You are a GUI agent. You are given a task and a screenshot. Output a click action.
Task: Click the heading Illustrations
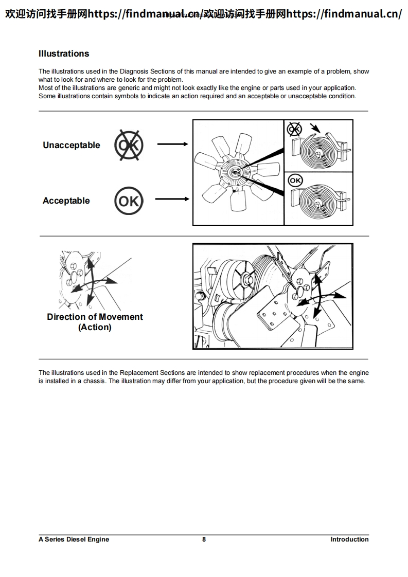[64, 53]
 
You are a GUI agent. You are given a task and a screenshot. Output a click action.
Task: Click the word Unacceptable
[72, 145]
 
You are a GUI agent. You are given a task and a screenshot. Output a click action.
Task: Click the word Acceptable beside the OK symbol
[66, 201]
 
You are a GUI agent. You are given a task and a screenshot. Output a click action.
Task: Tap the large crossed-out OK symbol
[129, 145]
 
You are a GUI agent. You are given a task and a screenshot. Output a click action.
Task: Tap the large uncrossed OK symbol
[129, 201]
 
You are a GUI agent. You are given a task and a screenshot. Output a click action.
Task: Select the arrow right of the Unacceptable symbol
[172, 145]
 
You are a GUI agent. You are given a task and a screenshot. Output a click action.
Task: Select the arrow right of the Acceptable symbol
[172, 199]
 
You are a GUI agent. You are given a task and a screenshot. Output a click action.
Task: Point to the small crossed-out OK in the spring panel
[294, 128]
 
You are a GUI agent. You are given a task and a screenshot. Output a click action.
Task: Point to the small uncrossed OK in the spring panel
[295, 180]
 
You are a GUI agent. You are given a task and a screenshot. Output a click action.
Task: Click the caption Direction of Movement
[95, 317]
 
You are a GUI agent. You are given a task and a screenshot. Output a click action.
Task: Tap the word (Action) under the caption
[95, 328]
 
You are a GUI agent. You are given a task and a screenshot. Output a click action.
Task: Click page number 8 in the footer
[204, 539]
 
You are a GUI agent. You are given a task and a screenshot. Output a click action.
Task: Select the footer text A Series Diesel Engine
[74, 539]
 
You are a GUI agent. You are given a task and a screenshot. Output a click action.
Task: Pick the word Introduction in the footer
[349, 539]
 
